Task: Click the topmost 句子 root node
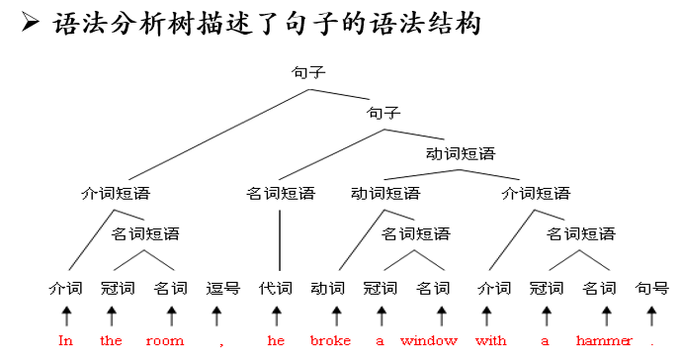coord(308,72)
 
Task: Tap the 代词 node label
coord(276,289)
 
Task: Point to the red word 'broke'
coord(330,341)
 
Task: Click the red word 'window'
coord(429,341)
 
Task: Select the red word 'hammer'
coord(604,341)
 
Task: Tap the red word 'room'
coord(165,341)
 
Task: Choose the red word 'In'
coord(66,341)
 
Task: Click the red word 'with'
coord(490,341)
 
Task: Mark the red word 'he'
coord(276,341)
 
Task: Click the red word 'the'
coord(111,341)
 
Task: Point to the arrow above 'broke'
coord(336,315)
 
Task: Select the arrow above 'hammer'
coord(607,315)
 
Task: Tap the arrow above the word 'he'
coord(277,315)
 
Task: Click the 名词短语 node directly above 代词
coord(280,193)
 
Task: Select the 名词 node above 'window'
coord(433,289)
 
